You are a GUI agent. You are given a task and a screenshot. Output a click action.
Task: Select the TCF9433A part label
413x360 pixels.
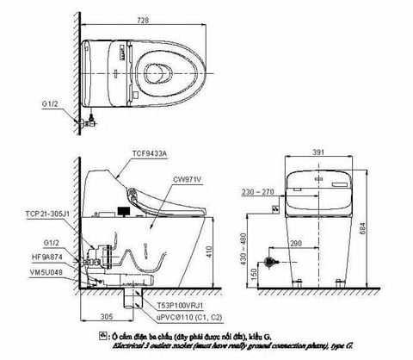[150, 151]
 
